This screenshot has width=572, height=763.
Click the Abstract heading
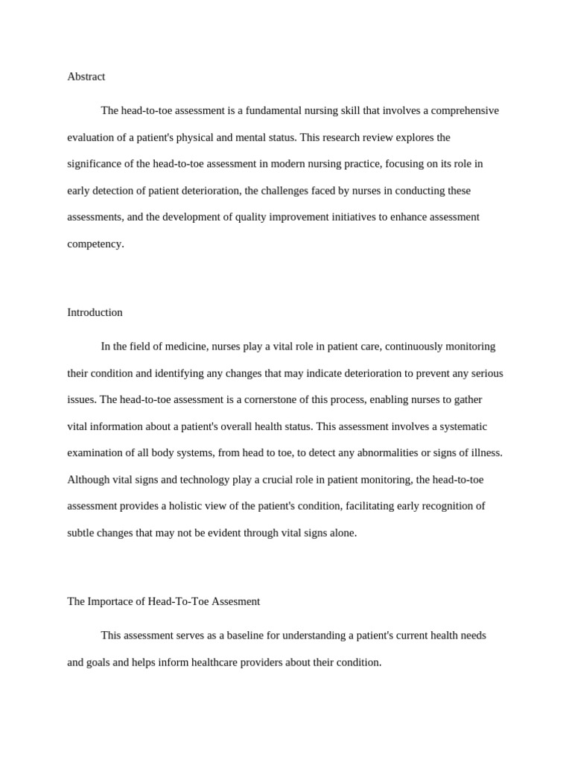(86, 77)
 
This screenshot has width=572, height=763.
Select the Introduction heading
(95, 312)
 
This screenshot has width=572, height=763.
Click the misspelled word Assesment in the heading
(235, 601)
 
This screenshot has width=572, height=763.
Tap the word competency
(95, 244)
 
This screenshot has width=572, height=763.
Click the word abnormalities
(384, 453)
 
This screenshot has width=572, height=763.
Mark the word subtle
(82, 533)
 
